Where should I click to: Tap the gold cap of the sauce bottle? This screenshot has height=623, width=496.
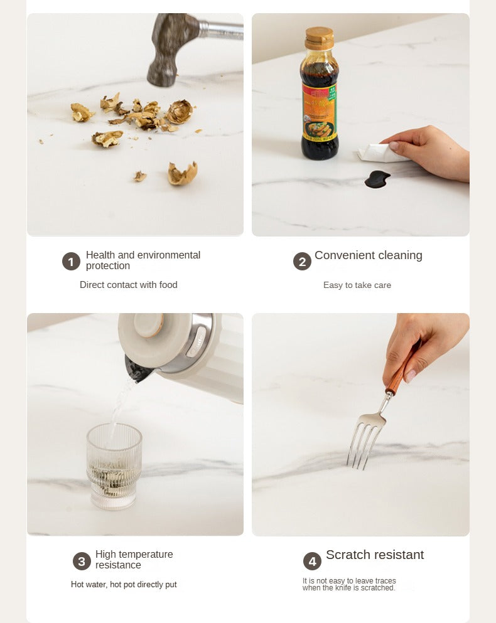pos(319,38)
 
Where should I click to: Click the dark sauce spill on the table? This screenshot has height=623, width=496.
pos(377,179)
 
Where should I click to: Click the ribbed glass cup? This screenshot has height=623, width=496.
pos(114,466)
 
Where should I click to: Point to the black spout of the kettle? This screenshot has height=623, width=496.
pos(137,370)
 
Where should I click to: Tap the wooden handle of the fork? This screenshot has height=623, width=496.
pos(402,368)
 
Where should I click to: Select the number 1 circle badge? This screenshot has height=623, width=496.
pos(71,262)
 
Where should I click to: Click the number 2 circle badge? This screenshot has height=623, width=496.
pos(302,262)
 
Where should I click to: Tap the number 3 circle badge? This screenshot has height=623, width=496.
pos(82,561)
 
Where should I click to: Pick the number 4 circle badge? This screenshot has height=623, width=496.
pos(312,561)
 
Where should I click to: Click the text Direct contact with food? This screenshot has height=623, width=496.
pos(129,285)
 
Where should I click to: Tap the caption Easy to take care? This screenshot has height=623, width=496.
pos(357,285)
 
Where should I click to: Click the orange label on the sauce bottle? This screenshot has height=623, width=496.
pos(320,112)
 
